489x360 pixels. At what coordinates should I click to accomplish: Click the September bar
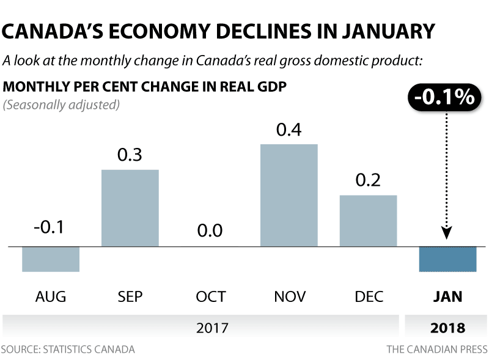pos(130,208)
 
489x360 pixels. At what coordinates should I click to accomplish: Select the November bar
pos(289,195)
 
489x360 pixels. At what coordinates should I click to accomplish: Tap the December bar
pos(368,221)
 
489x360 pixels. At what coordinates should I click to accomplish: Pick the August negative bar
pos(51,259)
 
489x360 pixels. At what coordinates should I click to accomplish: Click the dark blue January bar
pos(447,259)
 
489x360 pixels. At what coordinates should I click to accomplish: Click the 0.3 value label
pos(130,155)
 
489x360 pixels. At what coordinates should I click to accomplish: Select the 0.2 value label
pos(368,180)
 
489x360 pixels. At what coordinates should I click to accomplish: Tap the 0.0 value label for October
pos(210,231)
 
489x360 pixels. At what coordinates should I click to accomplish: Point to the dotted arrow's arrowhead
pos(447,233)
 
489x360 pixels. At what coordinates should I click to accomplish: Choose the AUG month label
pos(51,297)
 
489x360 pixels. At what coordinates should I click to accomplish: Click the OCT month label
pos(210,297)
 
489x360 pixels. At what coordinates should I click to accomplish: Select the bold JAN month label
pos(447,297)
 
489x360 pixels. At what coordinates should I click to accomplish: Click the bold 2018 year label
pos(447,328)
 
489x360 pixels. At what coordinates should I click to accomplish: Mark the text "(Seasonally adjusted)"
pos(61,105)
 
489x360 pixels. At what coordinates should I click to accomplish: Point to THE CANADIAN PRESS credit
pos(436,350)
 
